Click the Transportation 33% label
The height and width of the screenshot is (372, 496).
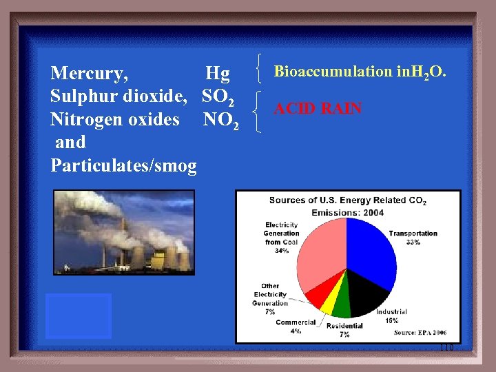click(413, 238)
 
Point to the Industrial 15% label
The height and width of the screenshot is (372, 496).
click(391, 316)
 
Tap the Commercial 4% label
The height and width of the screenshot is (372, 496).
click(296, 327)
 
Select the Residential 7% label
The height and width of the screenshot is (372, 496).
click(344, 330)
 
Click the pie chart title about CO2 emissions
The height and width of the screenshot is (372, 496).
click(347, 206)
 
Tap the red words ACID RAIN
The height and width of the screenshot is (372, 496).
click(318, 109)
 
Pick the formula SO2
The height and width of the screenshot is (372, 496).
click(218, 97)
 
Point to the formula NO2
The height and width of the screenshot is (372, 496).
click(221, 120)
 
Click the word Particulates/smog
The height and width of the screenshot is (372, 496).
click(123, 165)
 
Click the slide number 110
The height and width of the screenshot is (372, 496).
click(446, 348)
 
